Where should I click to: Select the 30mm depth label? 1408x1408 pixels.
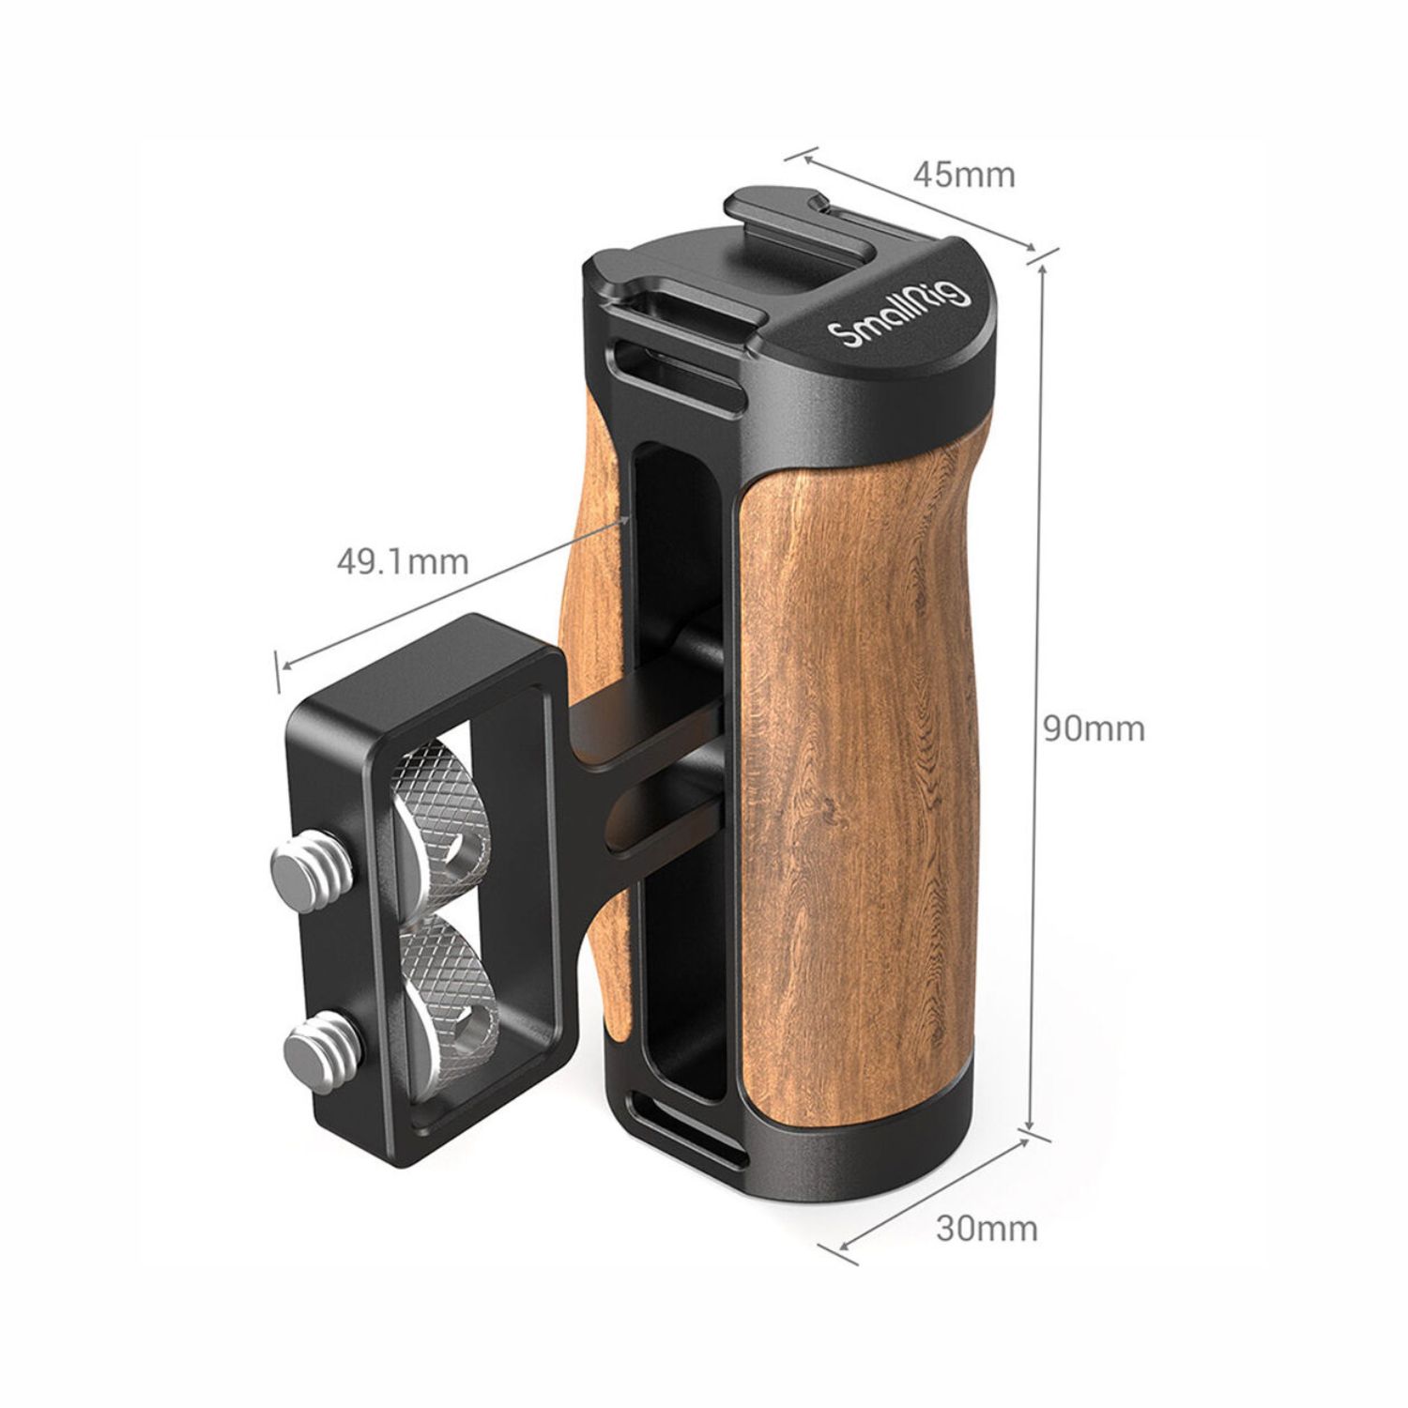click(x=987, y=1228)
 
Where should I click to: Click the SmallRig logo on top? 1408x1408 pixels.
click(x=897, y=318)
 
